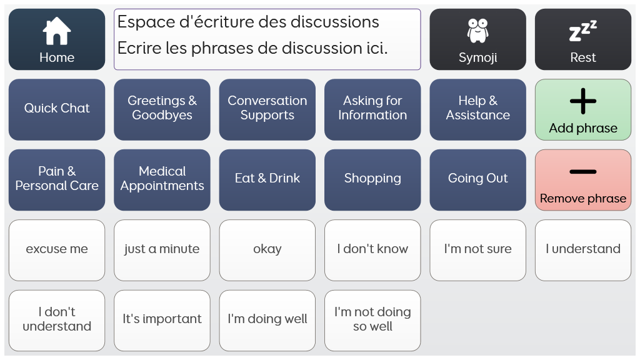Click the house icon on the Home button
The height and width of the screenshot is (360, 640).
(57, 31)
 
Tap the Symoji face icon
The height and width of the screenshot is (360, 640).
(477, 31)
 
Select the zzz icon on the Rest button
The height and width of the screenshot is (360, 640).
(583, 31)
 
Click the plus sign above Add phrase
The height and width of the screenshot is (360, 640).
(583, 101)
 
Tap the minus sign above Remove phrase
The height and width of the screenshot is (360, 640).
(583, 172)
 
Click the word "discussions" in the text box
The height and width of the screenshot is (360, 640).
(335, 22)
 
